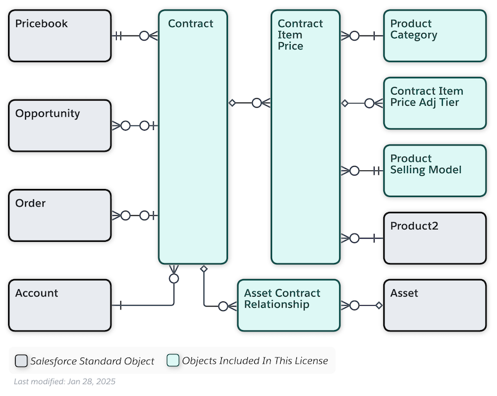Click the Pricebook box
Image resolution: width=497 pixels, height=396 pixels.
click(60, 36)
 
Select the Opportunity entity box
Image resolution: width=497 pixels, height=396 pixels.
click(60, 126)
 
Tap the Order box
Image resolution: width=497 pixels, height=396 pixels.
click(60, 216)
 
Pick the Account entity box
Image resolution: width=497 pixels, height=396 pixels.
click(60, 305)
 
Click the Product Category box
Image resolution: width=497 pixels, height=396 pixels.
click(435, 36)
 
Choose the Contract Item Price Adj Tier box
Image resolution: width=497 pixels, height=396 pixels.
click(435, 103)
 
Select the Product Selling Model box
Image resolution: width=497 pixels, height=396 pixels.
click(435, 170)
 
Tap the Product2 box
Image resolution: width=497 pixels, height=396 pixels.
click(435, 238)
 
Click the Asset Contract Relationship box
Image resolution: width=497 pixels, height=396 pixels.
click(289, 305)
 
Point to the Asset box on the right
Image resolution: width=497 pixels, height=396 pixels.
click(435, 305)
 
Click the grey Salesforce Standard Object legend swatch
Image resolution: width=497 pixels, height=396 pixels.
click(21, 361)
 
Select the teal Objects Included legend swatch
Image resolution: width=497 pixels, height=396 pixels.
click(173, 361)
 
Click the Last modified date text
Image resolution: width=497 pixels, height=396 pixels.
click(65, 382)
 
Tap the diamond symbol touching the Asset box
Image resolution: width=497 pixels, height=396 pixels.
click(379, 305)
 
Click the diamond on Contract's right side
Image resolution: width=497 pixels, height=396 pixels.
click(232, 103)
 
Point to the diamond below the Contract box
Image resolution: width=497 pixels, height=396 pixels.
click(204, 269)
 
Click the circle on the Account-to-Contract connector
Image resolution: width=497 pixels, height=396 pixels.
click(174, 279)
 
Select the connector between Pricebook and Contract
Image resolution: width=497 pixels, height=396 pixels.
click(135, 36)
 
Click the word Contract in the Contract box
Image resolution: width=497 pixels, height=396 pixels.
click(191, 24)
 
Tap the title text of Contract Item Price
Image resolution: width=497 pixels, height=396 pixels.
click(300, 35)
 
